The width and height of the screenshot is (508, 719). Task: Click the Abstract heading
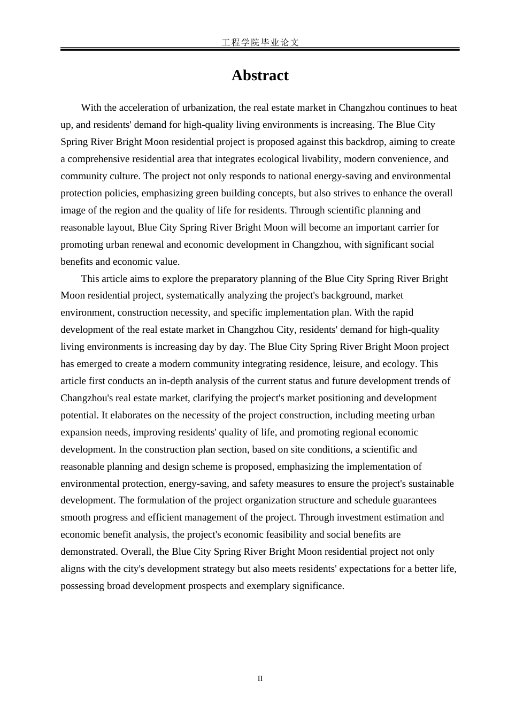pos(260,75)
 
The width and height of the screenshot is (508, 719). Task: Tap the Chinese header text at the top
pos(260,42)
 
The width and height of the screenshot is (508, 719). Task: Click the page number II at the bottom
pos(260,679)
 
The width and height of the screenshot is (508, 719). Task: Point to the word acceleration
pos(142,108)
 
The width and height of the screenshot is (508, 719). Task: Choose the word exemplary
pos(268,586)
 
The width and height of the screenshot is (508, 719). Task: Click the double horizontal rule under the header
pos(260,49)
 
